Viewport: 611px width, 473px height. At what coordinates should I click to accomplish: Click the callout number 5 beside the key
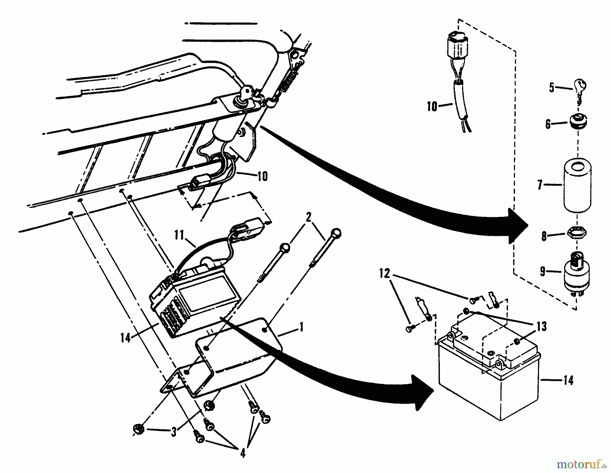click(552, 88)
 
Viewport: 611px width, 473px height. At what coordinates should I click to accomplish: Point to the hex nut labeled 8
click(576, 234)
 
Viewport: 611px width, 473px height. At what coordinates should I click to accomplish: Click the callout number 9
click(542, 272)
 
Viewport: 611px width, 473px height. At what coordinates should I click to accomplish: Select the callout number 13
click(542, 327)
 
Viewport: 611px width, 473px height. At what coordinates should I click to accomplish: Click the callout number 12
click(385, 274)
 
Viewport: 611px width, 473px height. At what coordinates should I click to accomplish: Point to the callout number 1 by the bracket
click(301, 327)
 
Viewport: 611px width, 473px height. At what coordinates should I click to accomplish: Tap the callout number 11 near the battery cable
click(180, 235)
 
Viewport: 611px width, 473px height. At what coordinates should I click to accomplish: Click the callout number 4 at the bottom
click(243, 453)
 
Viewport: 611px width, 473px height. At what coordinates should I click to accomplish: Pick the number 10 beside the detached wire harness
click(432, 107)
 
